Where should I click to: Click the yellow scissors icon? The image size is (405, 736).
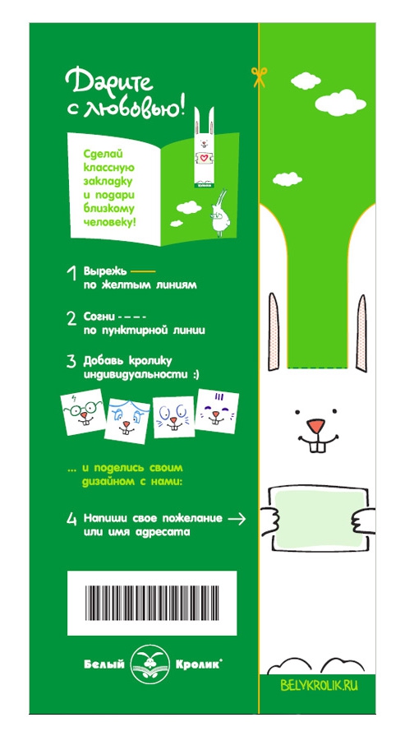coord(259,76)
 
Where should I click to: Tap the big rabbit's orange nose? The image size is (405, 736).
coord(316,426)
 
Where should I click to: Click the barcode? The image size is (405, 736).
coord(152,603)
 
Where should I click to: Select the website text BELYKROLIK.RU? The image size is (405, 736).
coord(320,686)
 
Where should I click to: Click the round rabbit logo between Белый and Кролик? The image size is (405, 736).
coord(150,664)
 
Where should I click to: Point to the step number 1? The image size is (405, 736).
coord(72,274)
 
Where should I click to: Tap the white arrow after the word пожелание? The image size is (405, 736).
coord(237,519)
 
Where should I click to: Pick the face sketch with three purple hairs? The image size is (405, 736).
coord(216,411)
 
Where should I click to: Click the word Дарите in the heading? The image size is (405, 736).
coord(110,81)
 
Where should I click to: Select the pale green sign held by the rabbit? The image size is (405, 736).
coord(320,519)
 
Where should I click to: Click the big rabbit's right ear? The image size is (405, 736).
coord(361,333)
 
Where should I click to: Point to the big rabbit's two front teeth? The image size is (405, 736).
coord(318,447)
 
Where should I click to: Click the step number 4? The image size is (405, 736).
coord(71,519)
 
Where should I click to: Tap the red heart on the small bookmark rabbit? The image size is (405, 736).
coord(204,158)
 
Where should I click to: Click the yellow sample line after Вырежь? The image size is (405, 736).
coord(142,271)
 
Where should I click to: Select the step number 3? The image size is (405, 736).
coord(71,362)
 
